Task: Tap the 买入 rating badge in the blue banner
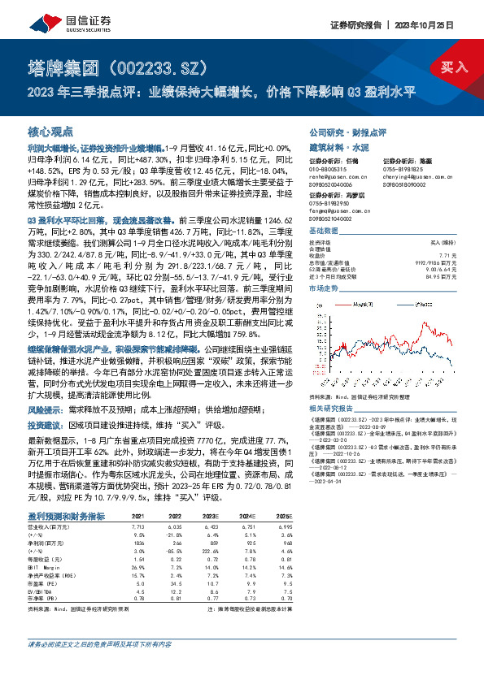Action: [455, 66]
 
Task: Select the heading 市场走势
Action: [324, 288]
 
